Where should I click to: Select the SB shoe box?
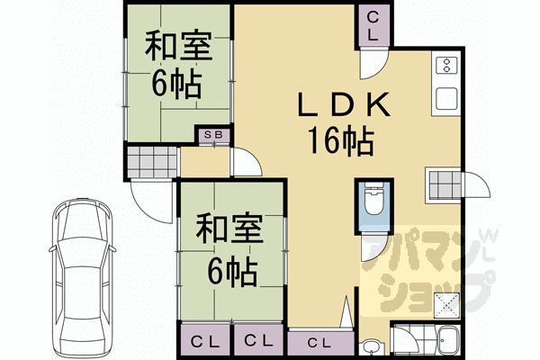tap(215, 135)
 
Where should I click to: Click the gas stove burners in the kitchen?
tap(445, 65)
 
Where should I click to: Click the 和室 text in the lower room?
tap(229, 227)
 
